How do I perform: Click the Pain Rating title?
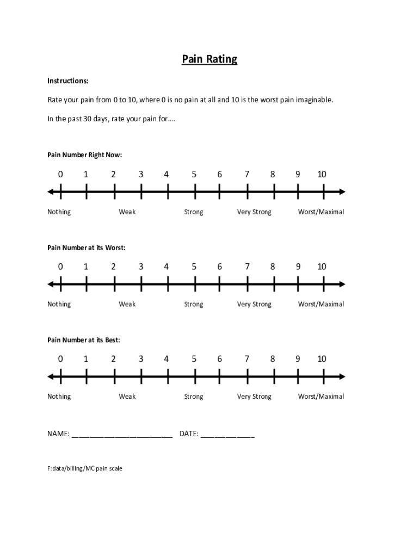point(209,59)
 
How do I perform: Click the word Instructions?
point(68,81)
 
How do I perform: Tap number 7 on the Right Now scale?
point(247,175)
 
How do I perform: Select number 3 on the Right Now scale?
point(141,175)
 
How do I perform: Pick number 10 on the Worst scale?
point(322,267)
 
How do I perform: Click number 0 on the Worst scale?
point(60,267)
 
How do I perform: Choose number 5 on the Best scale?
point(194,359)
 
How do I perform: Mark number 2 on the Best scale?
point(113,359)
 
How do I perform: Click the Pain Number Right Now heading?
point(85,155)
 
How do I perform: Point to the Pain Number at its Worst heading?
point(87,247)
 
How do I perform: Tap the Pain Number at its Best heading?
point(84,340)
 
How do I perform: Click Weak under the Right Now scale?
point(127,212)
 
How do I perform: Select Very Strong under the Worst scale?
point(254,305)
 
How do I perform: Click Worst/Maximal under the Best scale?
point(321,397)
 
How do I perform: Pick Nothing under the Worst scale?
point(59,305)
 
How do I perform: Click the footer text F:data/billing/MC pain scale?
point(85,468)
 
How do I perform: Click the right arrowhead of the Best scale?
point(342,376)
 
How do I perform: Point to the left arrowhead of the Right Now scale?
point(51,191)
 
